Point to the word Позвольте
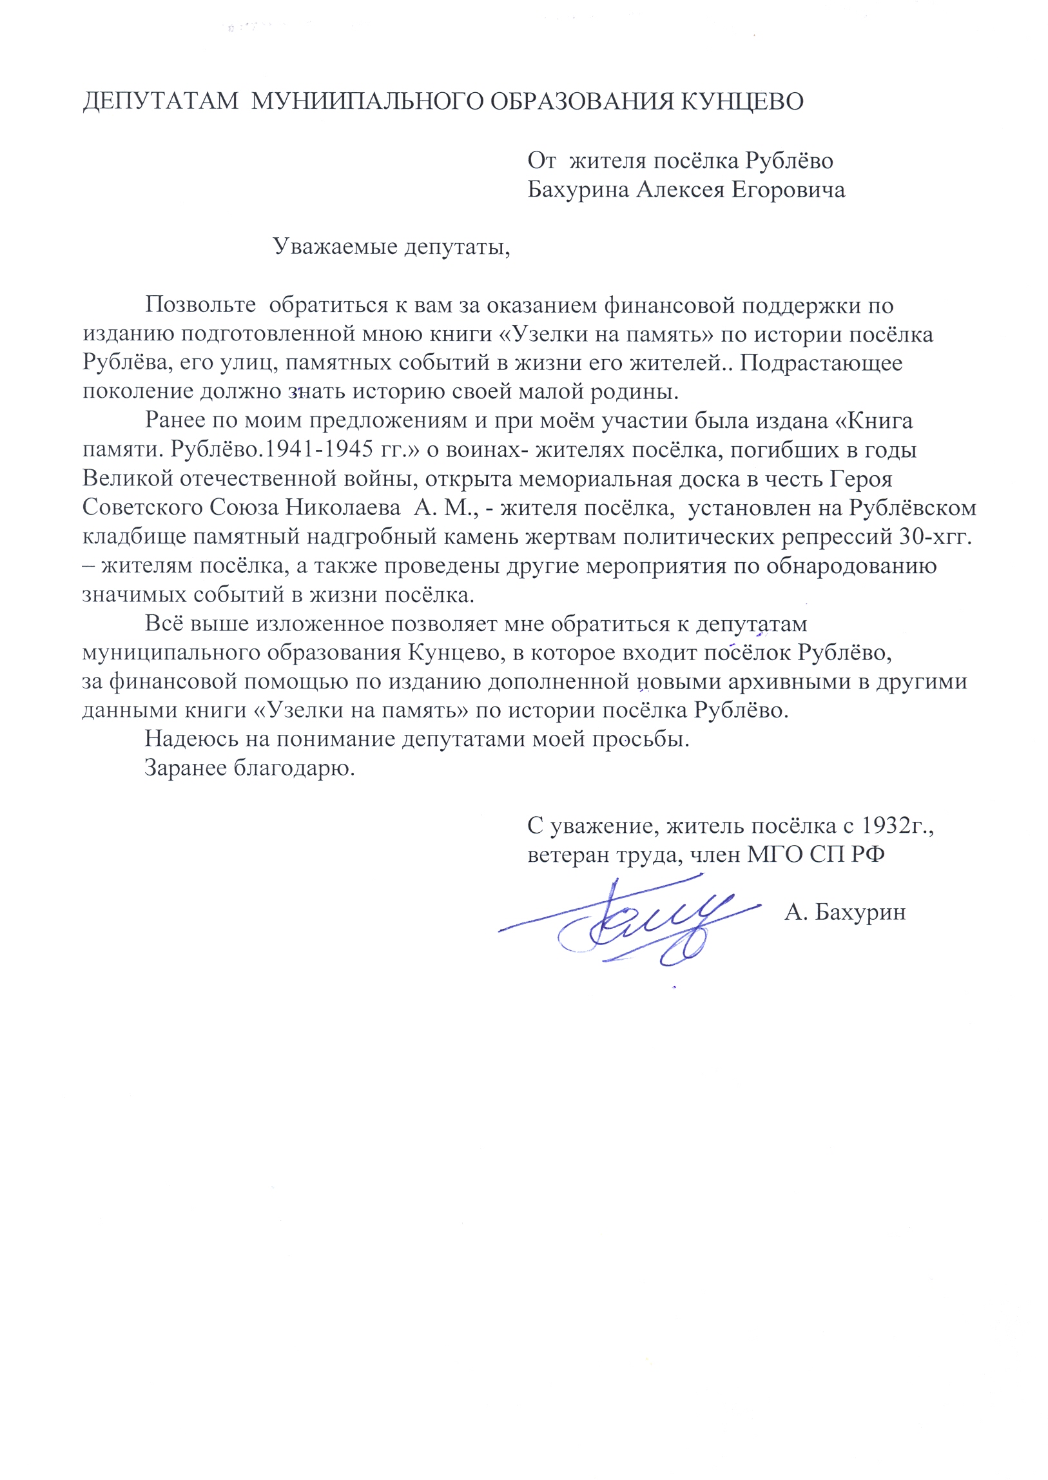click(x=200, y=306)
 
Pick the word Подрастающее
click(x=821, y=363)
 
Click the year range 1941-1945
click(x=313, y=450)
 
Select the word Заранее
click(x=186, y=769)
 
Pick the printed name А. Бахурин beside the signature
click(x=845, y=913)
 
